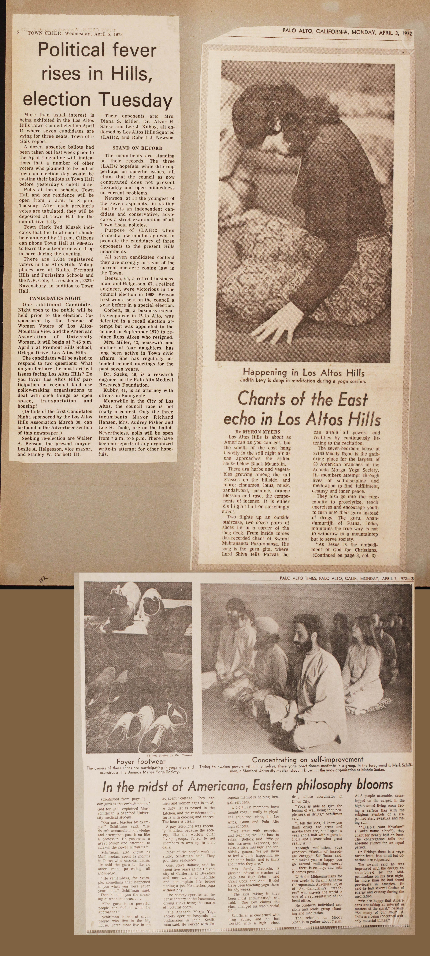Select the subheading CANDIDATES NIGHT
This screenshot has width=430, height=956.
(x=55, y=298)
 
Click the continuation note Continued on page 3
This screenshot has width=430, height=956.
(x=344, y=556)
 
